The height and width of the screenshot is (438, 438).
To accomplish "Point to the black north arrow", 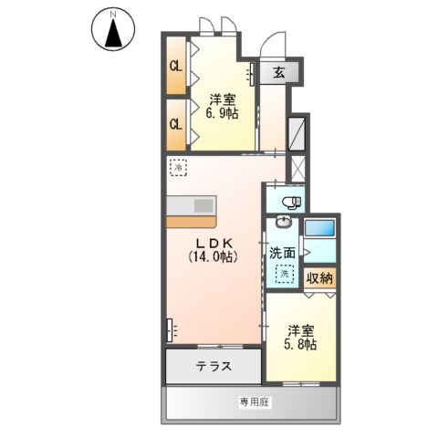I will click(114, 36).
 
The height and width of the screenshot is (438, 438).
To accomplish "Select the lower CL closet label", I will click(175, 122).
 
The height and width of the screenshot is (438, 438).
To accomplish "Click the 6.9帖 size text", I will click(223, 116).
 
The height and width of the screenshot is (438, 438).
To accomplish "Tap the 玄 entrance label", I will click(278, 74).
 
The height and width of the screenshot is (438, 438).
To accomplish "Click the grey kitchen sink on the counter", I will click(192, 203).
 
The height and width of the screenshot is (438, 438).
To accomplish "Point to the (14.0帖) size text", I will click(214, 257).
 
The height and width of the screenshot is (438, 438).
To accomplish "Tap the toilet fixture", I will click(289, 202).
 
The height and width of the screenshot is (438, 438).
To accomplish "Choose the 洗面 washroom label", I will click(282, 252).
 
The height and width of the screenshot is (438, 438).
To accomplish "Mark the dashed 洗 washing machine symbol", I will click(286, 273).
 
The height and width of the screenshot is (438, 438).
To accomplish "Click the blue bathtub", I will click(320, 238).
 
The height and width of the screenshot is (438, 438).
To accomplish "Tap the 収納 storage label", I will click(319, 278).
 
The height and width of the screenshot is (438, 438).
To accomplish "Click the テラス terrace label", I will click(213, 367).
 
